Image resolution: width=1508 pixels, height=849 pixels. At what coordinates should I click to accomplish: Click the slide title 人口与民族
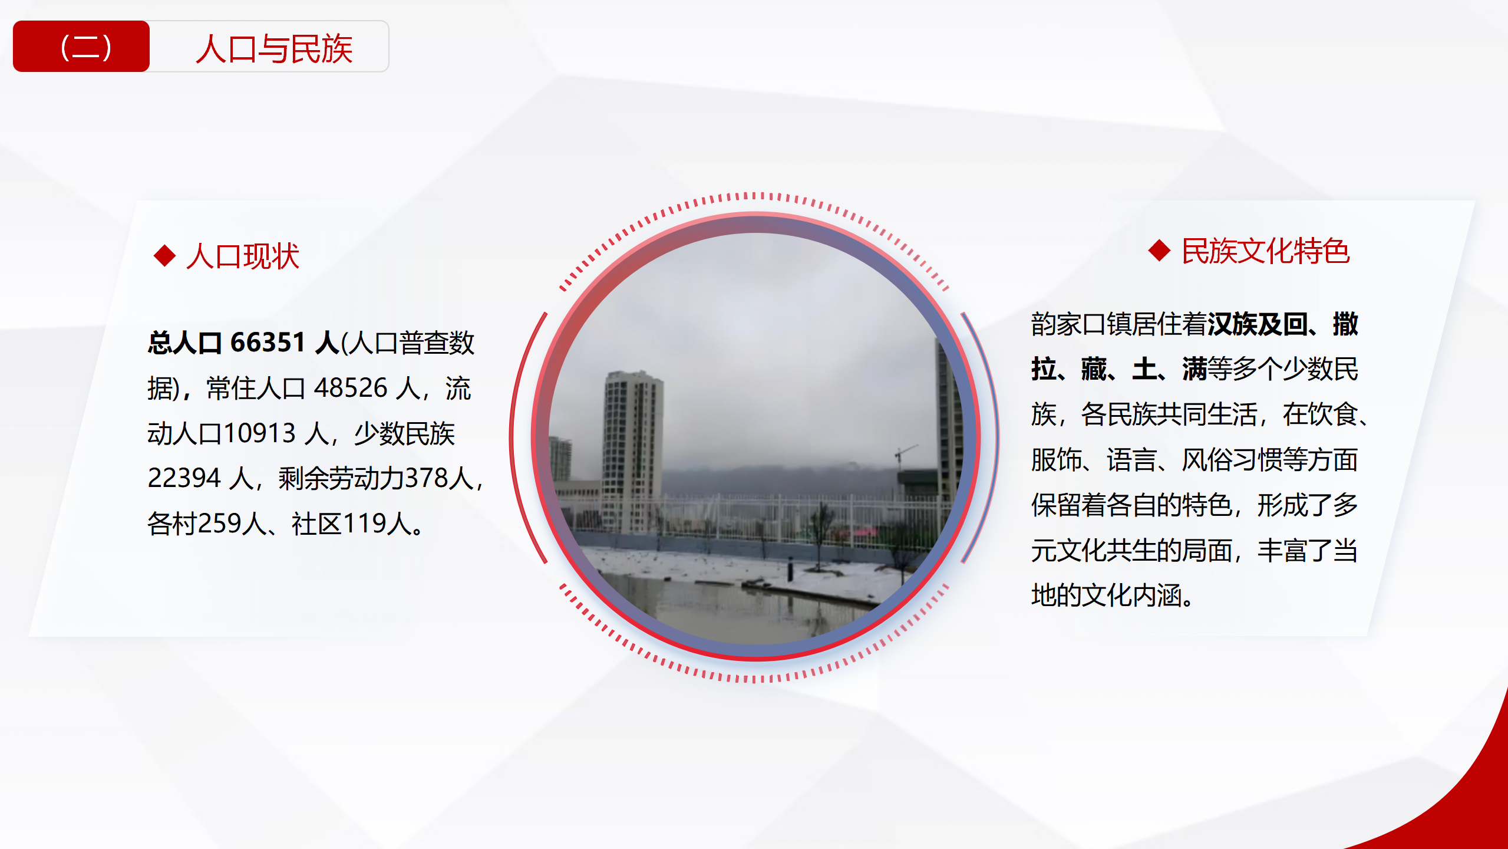[274, 48]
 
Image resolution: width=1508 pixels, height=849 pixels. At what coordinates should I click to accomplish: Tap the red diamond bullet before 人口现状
[164, 255]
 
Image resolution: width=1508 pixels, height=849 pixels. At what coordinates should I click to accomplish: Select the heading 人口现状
[243, 256]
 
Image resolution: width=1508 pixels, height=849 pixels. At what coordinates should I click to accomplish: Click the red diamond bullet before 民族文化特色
[1159, 251]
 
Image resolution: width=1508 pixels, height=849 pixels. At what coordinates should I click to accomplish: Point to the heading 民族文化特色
[1265, 251]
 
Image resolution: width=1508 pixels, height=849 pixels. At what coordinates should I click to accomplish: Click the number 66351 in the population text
[268, 343]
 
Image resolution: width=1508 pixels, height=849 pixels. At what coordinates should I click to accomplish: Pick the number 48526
[350, 388]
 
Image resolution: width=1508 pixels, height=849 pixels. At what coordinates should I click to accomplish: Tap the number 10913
[259, 433]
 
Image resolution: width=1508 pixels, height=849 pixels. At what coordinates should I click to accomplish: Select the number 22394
[184, 478]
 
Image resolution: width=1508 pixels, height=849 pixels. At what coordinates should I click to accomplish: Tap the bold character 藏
[1094, 370]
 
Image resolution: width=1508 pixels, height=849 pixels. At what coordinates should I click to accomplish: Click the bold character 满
[1194, 370]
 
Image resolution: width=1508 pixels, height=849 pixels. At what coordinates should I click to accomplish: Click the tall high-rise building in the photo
[632, 448]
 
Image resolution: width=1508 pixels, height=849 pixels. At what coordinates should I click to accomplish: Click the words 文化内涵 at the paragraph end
[1131, 595]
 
